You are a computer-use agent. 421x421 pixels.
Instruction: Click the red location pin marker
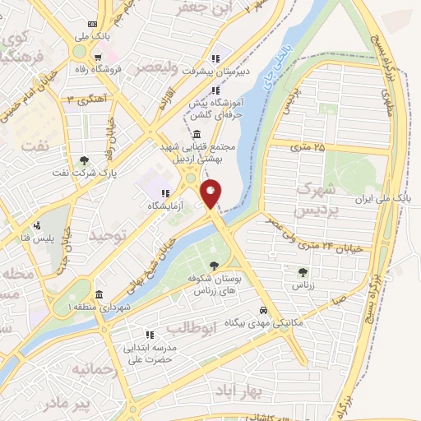coord(212,193)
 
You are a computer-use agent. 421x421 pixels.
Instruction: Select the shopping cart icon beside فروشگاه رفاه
coord(97,58)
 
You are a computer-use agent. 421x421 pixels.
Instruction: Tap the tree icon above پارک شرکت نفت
coord(85,160)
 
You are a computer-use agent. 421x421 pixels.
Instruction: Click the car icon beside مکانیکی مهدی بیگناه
coord(262,311)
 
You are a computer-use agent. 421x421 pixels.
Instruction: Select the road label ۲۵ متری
coord(308,146)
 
